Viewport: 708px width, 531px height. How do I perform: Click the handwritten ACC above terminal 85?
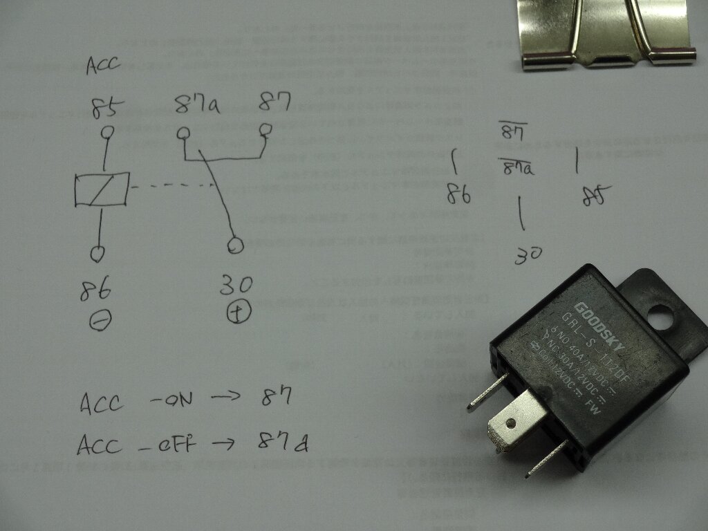coord(103,65)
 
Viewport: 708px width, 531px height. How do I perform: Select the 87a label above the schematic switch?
coord(196,107)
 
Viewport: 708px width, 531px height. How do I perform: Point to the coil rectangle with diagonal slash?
coord(102,189)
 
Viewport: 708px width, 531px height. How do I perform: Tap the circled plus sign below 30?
coord(239,313)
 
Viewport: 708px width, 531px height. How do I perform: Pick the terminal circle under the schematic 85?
coord(108,132)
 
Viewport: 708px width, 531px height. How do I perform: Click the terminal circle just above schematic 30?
coord(236,245)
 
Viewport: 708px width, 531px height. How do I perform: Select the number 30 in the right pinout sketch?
coord(528,256)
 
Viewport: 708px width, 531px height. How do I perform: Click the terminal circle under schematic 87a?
coord(183,132)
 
